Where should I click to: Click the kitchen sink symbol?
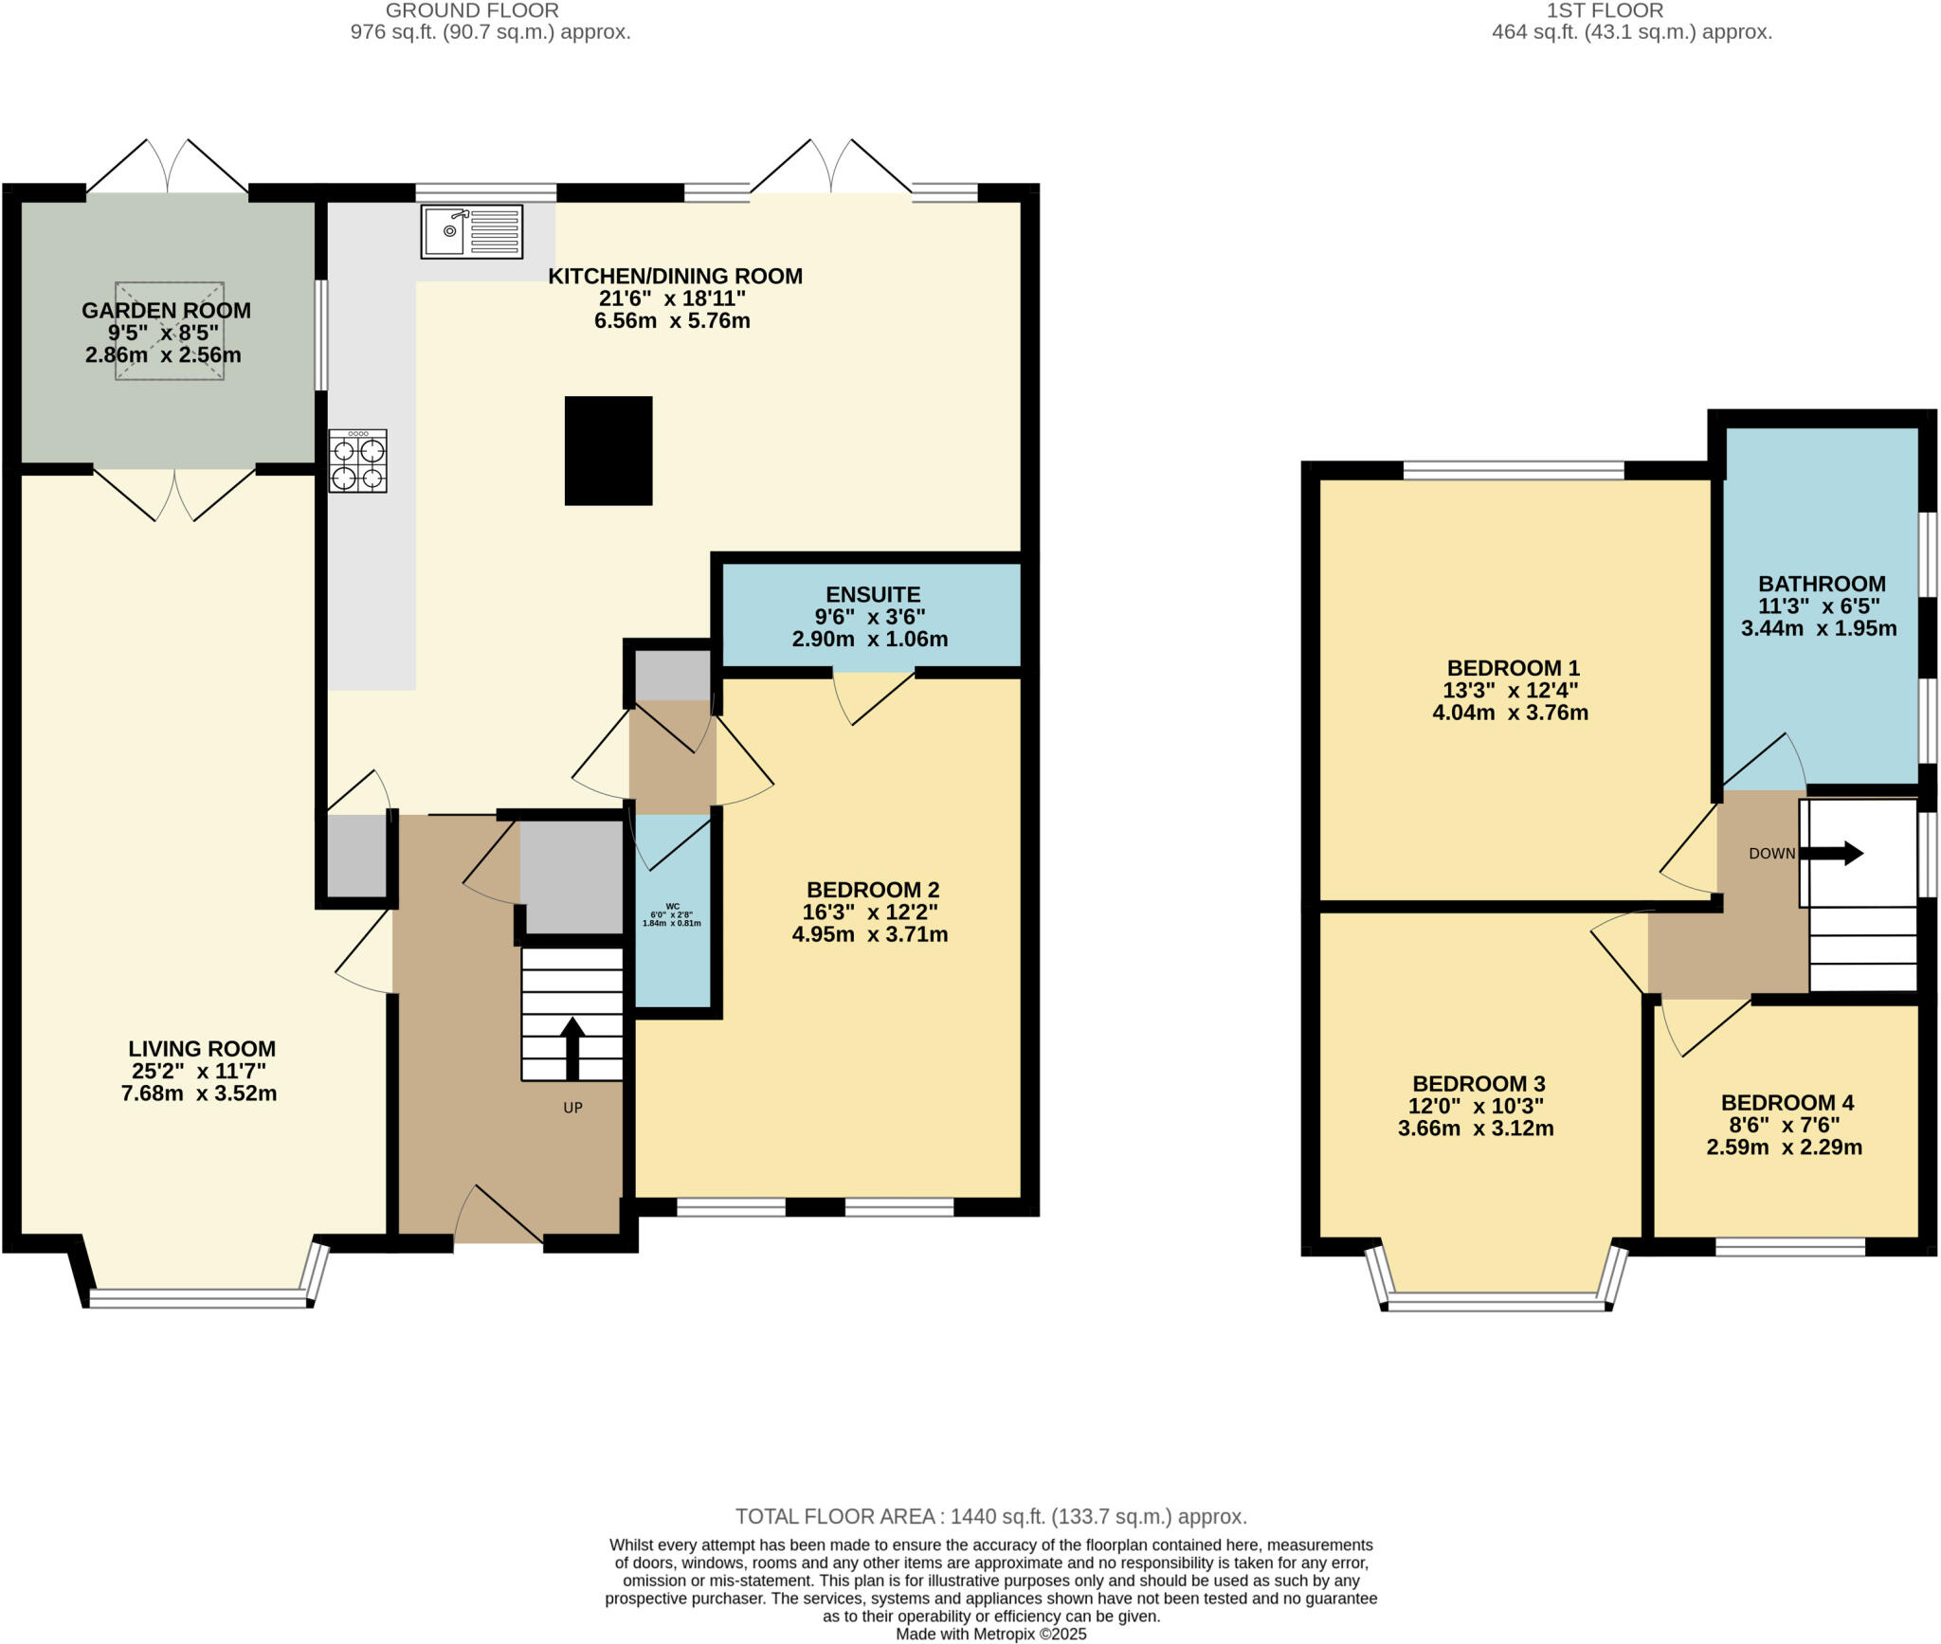click(x=471, y=230)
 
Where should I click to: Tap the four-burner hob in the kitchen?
click(x=357, y=461)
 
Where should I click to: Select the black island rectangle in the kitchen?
click(x=608, y=450)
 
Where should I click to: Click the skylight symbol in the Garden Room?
click(x=170, y=331)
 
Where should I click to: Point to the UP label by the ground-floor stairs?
click(x=572, y=1107)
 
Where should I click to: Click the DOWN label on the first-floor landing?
click(x=1771, y=853)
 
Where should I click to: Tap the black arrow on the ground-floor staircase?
click(x=572, y=1048)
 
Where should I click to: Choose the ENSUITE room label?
click(x=872, y=594)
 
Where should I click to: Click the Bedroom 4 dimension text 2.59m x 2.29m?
click(x=1784, y=1147)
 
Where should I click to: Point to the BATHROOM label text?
click(x=1822, y=584)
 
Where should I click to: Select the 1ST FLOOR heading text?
click(x=1631, y=11)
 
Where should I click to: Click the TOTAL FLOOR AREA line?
click(x=990, y=1516)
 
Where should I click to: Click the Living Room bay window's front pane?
click(x=199, y=1299)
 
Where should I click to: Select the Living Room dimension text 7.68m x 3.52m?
click(x=199, y=1093)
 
